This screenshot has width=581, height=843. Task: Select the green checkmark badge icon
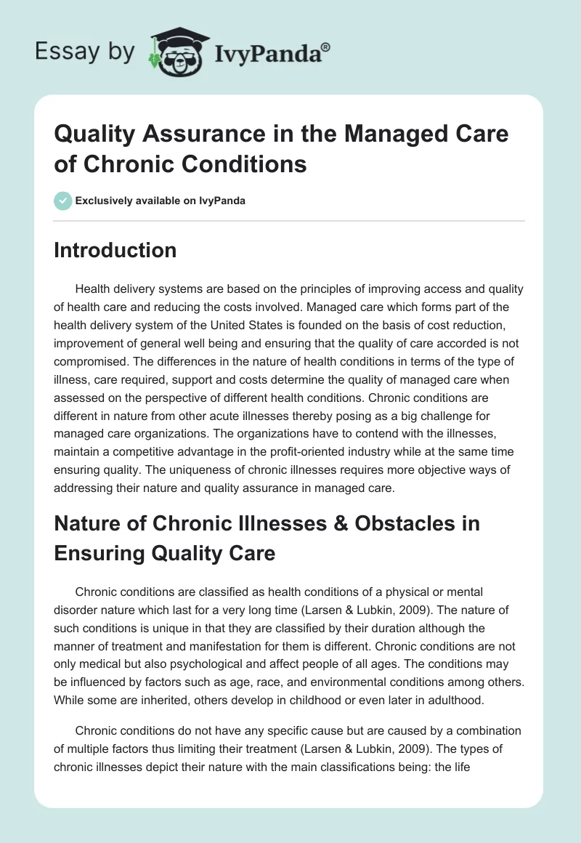(62, 201)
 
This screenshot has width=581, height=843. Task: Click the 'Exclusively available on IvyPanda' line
(161, 201)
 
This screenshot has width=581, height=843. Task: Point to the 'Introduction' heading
(115, 250)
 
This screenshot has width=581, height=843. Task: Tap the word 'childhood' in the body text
(344, 679)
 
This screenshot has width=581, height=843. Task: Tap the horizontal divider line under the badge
(290, 220)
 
